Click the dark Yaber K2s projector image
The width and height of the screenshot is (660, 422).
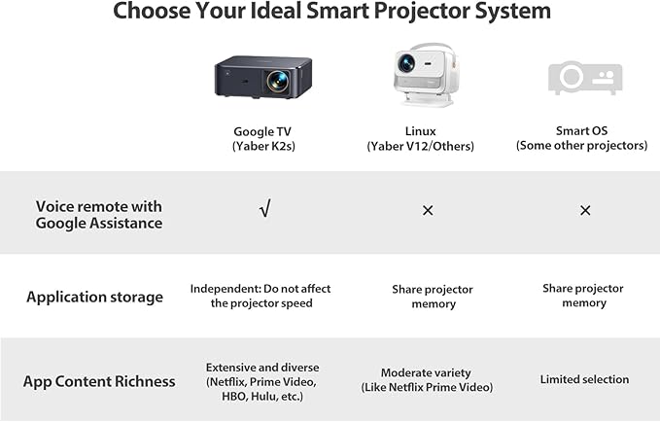pos(262,76)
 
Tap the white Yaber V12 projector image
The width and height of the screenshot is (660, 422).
pos(419,74)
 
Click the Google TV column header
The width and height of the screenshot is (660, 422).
pos(264,138)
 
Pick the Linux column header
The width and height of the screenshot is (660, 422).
pos(420,138)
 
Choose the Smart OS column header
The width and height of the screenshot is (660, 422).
pos(581,138)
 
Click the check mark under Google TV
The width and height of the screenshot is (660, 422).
pos(265,209)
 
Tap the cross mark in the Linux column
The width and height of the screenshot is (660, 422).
pos(428,210)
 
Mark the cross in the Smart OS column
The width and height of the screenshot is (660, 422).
pos(585,210)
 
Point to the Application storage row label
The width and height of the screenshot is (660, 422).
pos(94,297)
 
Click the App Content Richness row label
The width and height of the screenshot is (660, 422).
pos(99,381)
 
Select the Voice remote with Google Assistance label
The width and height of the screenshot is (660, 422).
pos(99,214)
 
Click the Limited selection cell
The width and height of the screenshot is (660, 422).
pos(584,379)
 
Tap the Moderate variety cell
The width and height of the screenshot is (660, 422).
pos(426,380)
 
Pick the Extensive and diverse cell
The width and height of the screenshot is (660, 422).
pos(262,380)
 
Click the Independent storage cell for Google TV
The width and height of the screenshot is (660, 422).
pos(261,296)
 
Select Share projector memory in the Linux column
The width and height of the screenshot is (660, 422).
pos(433,297)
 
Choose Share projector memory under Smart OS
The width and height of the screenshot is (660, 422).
pos(583,296)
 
